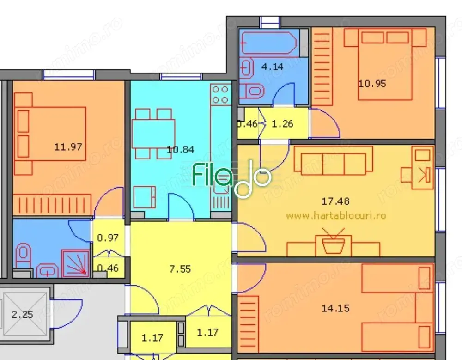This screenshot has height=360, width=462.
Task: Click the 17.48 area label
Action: click(x=335, y=201)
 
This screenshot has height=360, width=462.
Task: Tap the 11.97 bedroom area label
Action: click(x=68, y=147)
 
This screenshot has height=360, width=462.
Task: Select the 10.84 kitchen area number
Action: click(x=180, y=150)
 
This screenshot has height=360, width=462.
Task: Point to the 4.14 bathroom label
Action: click(x=272, y=66)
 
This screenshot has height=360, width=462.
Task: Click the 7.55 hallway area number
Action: click(x=180, y=269)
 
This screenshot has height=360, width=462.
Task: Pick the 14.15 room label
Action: click(x=335, y=308)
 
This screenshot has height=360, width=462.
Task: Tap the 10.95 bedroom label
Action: click(x=372, y=84)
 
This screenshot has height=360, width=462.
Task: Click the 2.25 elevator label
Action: click(x=22, y=315)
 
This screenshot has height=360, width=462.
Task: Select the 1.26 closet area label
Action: click(x=282, y=124)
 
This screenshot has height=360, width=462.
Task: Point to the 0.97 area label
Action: click(x=108, y=238)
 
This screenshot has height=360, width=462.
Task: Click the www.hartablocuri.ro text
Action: click(x=336, y=215)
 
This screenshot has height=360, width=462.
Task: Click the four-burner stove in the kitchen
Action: click(x=220, y=94)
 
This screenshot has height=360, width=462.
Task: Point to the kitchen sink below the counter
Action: click(x=220, y=201)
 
